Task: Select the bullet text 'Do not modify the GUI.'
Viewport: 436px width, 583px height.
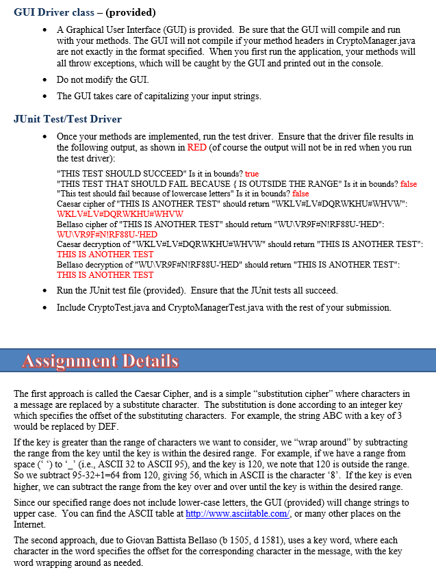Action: [x=103, y=79]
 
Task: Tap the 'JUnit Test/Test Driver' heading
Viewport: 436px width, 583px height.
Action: [x=68, y=119]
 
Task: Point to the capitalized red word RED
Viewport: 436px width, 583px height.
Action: [x=196, y=147]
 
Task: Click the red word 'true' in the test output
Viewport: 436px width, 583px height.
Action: [x=252, y=174]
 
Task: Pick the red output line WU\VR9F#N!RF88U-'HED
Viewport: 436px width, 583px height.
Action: [x=107, y=235]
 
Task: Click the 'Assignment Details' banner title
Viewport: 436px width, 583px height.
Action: [x=100, y=361]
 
